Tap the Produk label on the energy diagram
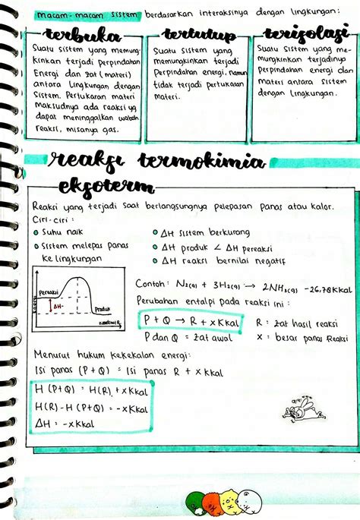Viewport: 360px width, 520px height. tap(103, 309)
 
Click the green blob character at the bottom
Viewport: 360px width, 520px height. tap(195, 502)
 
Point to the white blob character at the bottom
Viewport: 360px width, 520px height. tap(249, 500)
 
